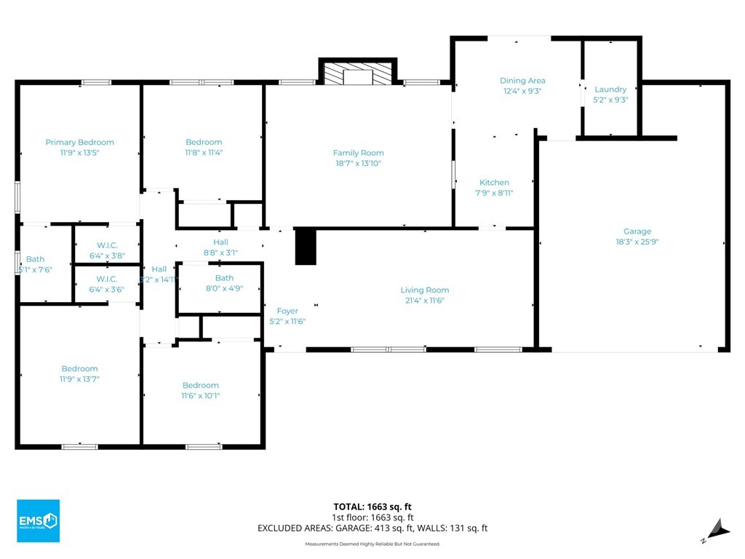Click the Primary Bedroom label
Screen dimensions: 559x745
click(79, 143)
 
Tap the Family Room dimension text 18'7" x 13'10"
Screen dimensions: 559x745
click(358, 164)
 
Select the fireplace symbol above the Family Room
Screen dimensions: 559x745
click(357, 75)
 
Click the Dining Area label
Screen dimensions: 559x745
click(522, 81)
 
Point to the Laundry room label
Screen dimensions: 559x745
click(610, 90)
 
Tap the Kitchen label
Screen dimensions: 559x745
click(494, 183)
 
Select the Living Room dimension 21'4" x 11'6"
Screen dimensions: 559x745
click(425, 301)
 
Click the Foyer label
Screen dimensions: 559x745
click(287, 311)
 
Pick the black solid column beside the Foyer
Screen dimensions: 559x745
click(306, 246)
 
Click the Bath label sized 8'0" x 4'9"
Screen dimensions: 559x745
click(224, 278)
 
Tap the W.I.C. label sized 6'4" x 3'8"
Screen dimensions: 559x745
click(107, 245)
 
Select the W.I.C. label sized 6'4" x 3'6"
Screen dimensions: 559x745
click(107, 279)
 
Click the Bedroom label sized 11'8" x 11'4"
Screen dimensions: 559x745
click(204, 142)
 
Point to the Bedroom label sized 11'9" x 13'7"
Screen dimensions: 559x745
click(79, 369)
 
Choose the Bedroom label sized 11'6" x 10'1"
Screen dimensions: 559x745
click(200, 385)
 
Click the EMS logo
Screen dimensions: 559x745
click(37, 520)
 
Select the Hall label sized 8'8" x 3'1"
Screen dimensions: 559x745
click(220, 242)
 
